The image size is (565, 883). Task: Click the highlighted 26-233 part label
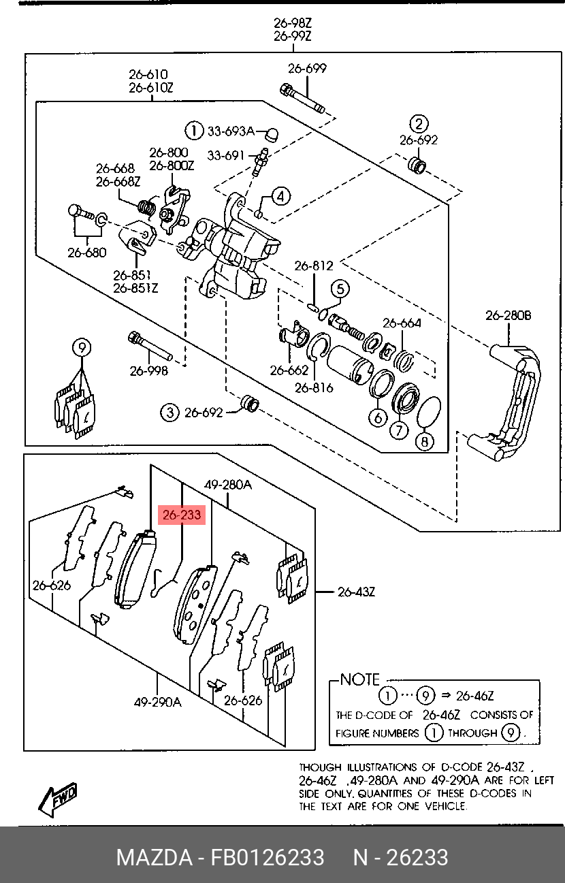(182, 515)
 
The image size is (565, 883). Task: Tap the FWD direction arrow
(57, 795)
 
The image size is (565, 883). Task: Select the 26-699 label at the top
(307, 69)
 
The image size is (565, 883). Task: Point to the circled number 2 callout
(419, 123)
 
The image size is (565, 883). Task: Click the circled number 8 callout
(425, 441)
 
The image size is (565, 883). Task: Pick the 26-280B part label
(508, 315)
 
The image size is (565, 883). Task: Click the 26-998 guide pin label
(148, 370)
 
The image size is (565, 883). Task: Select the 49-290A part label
(158, 702)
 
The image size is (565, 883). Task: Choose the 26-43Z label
(357, 592)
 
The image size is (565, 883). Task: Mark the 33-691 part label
(226, 156)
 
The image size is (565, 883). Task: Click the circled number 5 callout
(340, 289)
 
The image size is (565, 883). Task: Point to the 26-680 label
(86, 253)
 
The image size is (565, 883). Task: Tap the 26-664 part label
(402, 323)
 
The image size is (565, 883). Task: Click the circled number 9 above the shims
(82, 348)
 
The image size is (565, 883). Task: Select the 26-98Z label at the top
(293, 23)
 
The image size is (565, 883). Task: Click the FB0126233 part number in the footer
(268, 857)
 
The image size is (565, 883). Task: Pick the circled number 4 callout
(280, 196)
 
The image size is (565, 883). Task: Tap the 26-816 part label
(314, 388)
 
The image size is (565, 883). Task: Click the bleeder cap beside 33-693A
(271, 134)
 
